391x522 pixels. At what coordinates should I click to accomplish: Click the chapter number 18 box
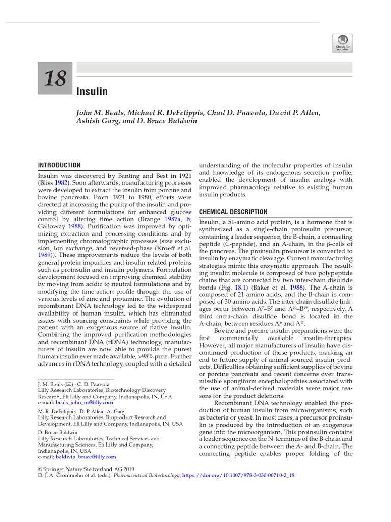[x=55, y=79]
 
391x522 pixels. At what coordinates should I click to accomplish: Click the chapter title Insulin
[x=92, y=92]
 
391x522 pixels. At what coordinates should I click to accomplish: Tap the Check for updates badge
[x=342, y=43]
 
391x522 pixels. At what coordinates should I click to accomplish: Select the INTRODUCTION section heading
[x=60, y=165]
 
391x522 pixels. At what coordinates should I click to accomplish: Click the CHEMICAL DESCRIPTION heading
[x=233, y=212]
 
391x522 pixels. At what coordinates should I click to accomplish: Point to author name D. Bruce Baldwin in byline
[x=174, y=121]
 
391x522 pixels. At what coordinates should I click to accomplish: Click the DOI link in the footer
[x=238, y=475]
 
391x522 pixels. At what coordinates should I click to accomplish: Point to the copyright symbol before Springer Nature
[x=41, y=468]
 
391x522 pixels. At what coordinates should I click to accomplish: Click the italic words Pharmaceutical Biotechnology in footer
[x=147, y=475]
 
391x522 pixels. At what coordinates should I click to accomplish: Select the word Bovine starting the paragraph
[x=225, y=331]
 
